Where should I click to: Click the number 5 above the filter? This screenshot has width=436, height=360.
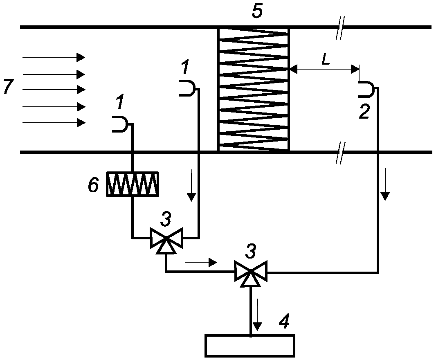coord(257,11)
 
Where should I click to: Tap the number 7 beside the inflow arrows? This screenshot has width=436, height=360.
coord(8,86)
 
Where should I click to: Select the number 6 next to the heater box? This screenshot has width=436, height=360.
coord(93,185)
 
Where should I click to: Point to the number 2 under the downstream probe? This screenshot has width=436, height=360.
coord(364,112)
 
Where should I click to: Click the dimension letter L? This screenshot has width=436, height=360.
coord(326,60)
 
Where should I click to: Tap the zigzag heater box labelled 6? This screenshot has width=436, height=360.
coord(133,184)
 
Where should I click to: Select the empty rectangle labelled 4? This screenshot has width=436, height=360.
coord(250,346)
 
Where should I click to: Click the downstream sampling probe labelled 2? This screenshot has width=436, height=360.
coord(366,89)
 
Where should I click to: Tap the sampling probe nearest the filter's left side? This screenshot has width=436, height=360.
coord(187,88)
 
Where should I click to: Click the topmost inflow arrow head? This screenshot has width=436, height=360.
coord(81,57)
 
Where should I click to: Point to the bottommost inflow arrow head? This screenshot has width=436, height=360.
coord(81,122)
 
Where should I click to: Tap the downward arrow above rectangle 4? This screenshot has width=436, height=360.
coord(258,315)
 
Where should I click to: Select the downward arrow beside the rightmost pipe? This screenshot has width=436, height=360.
coord(385,184)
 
